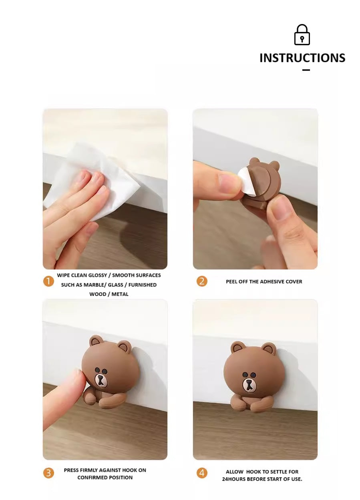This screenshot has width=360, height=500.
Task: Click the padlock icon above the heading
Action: coord(302,35)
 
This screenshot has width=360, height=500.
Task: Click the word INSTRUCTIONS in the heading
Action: coord(302,58)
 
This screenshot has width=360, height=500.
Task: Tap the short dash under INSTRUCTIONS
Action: coord(306,70)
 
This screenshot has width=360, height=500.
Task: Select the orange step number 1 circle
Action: coord(48,281)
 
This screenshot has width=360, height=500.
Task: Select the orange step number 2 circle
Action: coord(202,281)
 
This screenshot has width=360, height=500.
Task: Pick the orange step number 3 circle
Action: coord(48,473)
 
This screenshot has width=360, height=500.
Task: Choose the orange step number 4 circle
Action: coord(202,473)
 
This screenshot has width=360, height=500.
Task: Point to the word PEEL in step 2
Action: coord(231,281)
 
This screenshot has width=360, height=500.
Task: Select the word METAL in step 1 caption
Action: coord(120,294)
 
